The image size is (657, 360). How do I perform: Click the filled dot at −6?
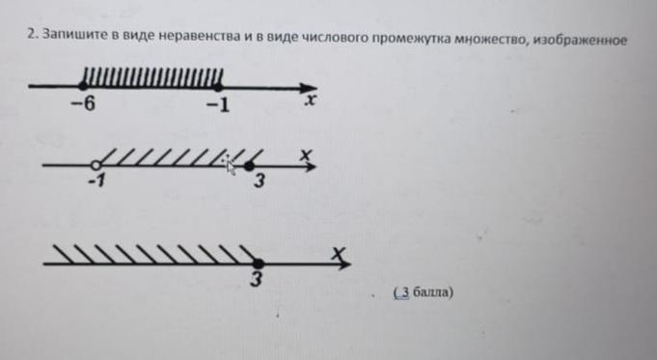point(83,86)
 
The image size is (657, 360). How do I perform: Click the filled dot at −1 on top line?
point(218,87)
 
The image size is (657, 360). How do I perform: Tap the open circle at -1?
point(96,165)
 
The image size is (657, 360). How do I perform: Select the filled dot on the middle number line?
point(249,166)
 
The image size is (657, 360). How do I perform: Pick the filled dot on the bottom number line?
point(259,264)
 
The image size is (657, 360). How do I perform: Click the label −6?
point(83,103)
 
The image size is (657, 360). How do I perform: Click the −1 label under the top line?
point(218,105)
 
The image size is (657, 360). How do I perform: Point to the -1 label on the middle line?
point(96,181)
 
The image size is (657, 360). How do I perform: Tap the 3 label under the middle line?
point(260,181)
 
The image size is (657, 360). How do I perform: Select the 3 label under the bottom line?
point(257,279)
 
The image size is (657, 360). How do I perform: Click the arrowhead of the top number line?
point(309,89)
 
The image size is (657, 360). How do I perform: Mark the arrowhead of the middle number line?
point(310,167)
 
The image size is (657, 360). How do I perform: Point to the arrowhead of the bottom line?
point(344,264)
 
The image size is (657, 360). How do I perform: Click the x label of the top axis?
point(310,100)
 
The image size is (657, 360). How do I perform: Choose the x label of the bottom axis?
point(339,254)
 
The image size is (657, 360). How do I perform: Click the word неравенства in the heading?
point(201,36)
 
